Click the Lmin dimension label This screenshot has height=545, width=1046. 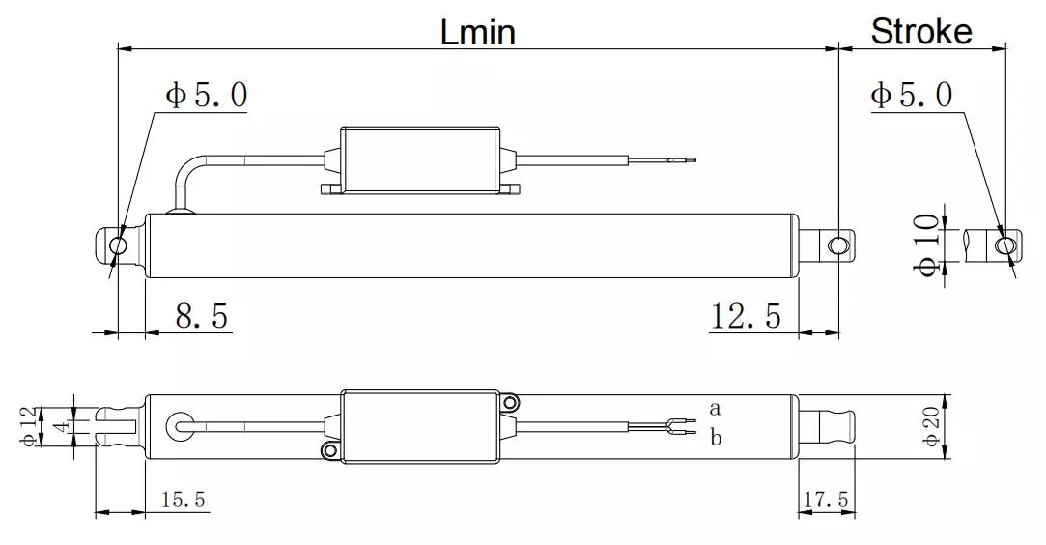(478, 32)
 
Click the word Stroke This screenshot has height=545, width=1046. (920, 32)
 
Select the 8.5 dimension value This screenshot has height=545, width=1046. (202, 315)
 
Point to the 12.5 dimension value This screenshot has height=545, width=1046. (746, 315)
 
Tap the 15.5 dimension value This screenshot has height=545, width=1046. (184, 500)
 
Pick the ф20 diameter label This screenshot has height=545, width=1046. (930, 426)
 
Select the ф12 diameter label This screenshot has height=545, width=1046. (31, 426)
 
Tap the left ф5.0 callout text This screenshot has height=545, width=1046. (206, 95)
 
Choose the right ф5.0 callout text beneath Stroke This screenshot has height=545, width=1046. (911, 95)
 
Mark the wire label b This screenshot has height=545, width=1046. (716, 437)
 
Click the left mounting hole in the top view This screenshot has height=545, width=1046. (118, 245)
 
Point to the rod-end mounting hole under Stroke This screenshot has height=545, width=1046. (1005, 245)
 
